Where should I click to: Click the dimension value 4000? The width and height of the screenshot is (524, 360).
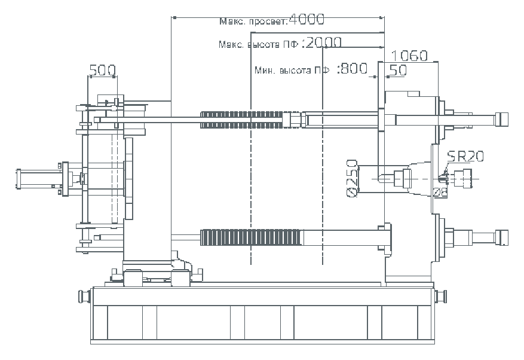point(306,20)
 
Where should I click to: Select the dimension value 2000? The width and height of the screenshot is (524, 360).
point(323,43)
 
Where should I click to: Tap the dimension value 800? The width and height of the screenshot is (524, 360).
point(353,69)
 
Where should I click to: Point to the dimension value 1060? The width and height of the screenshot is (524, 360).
point(410,56)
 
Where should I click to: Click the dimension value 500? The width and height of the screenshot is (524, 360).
point(102,70)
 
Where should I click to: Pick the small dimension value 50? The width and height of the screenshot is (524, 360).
point(398,70)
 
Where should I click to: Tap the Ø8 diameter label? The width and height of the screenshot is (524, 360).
point(440,191)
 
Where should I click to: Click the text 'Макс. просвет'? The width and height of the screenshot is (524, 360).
point(252,22)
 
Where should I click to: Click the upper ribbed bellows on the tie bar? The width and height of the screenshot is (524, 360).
point(245,119)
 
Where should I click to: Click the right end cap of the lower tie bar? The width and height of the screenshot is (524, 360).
point(503,238)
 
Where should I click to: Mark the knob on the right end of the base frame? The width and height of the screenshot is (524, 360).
point(442,295)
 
